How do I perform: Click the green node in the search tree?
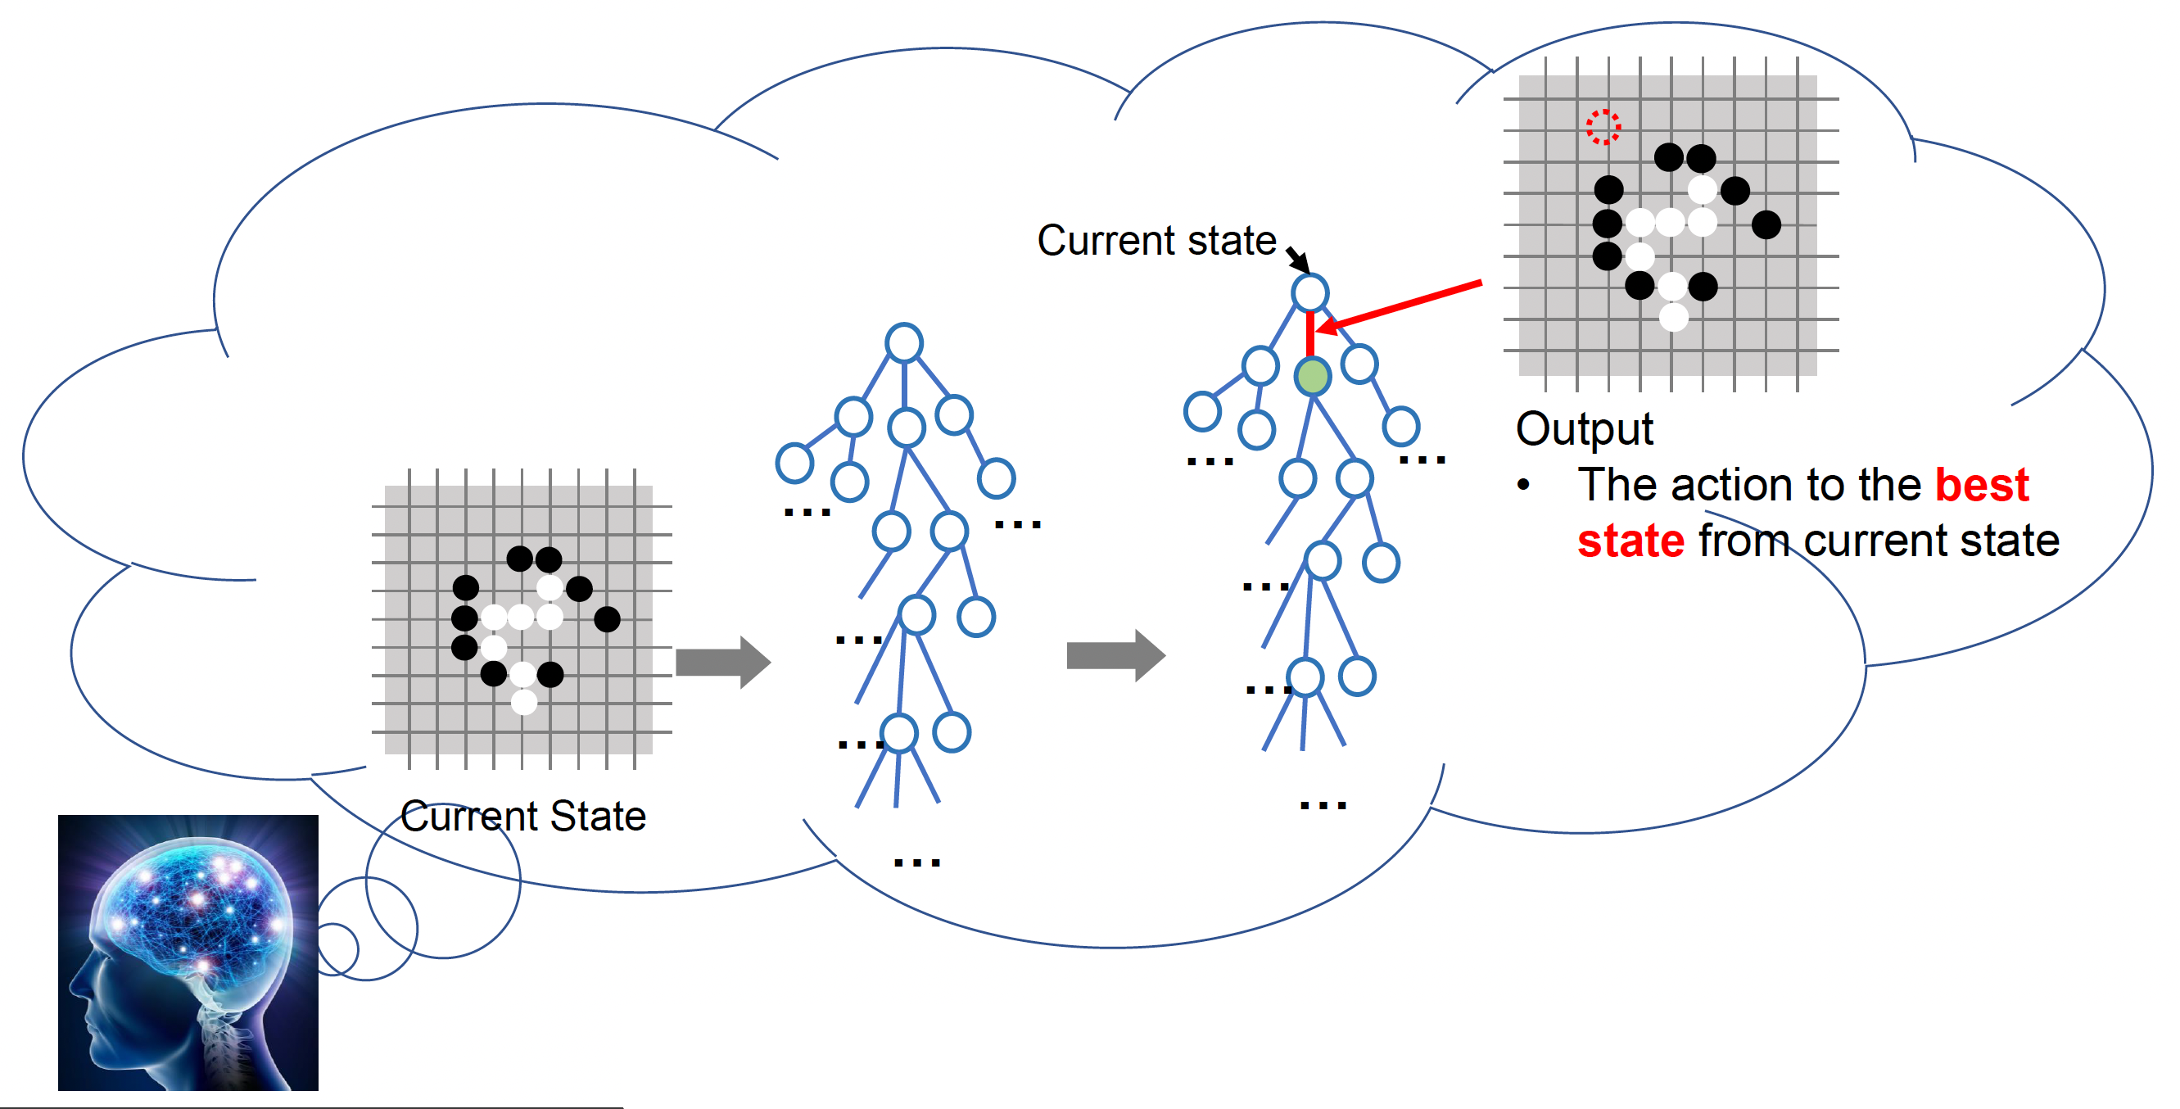(1313, 376)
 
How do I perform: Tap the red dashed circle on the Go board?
(1603, 127)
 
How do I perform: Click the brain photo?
(188, 953)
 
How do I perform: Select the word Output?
(1584, 429)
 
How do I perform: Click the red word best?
(1982, 485)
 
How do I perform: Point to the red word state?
(1630, 541)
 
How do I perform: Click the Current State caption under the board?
(523, 817)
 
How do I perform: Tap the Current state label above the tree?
(1156, 241)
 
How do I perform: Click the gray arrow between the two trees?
(1115, 655)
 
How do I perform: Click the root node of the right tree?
(1310, 293)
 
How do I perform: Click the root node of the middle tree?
(904, 343)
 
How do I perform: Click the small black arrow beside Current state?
(1298, 259)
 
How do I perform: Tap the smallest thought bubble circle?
(337, 949)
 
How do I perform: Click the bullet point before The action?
(1523, 485)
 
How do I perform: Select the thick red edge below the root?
(1310, 335)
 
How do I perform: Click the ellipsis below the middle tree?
(917, 862)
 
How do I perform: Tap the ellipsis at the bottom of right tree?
(1323, 805)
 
